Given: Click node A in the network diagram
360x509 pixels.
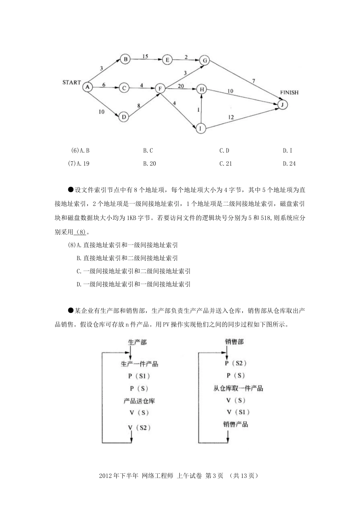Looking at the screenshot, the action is point(88,87).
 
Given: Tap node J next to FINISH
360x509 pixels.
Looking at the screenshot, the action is point(282,105).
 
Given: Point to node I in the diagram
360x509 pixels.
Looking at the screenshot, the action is point(200,129).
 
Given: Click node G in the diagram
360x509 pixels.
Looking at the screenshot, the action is point(205,61).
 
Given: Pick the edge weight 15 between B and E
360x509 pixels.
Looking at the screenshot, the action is point(145,56).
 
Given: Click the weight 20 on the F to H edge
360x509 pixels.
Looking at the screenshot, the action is point(181,86).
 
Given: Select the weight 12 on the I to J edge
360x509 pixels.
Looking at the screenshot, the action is point(231,117).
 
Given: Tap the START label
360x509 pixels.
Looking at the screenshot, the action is point(72,82).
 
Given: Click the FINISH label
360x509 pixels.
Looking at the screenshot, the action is point(289,92).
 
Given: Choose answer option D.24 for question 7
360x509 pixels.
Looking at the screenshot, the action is point(289,164).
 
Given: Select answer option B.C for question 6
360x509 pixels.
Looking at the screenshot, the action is point(148,150).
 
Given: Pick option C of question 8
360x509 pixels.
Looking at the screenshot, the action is point(133,271).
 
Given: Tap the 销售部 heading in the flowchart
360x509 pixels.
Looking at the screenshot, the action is point(234,342).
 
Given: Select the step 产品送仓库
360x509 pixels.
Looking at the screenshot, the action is point(139,401).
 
